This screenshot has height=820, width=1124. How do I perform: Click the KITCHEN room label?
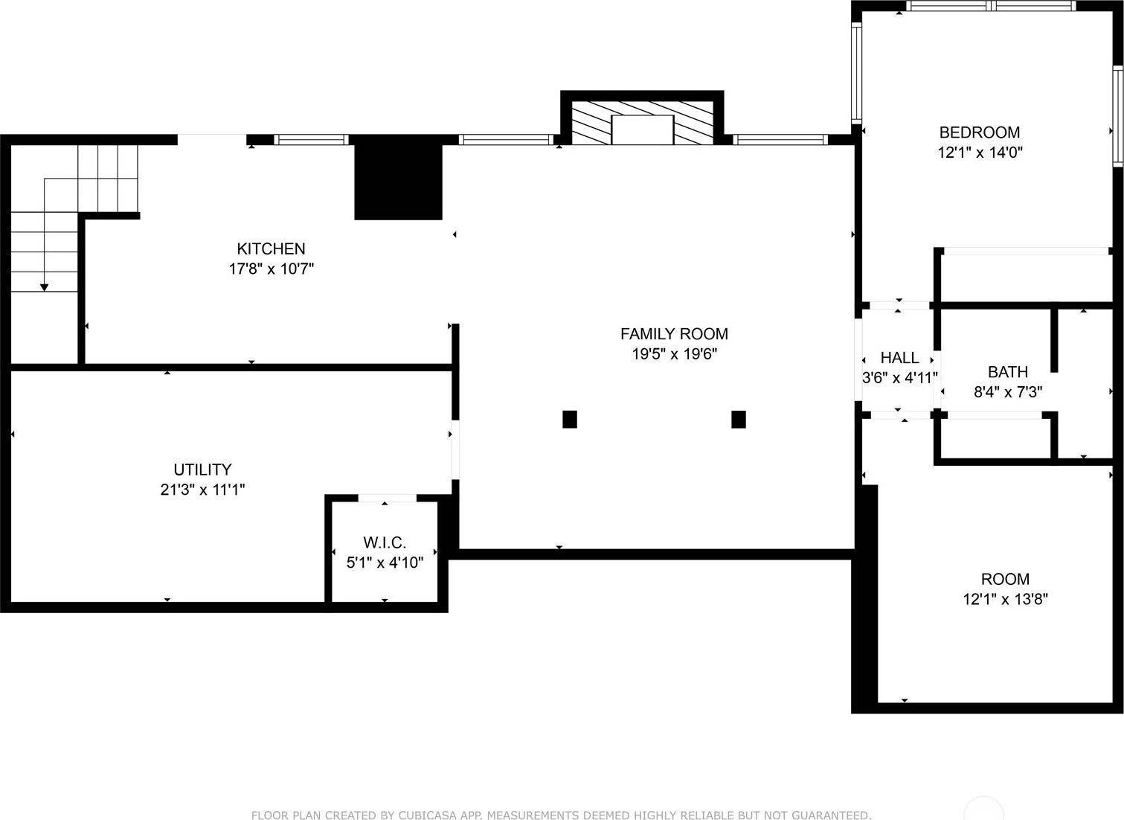(271, 249)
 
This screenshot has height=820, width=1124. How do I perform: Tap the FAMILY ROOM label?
(674, 334)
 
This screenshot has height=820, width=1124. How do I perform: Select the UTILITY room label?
(202, 470)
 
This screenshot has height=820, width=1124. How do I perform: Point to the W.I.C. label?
(385, 542)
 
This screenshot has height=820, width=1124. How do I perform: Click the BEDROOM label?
(979, 132)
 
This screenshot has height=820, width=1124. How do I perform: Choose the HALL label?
(899, 358)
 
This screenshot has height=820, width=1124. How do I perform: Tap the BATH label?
(1008, 372)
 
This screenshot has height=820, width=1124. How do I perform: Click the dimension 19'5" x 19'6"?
(674, 354)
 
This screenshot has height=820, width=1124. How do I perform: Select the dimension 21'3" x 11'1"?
(202, 490)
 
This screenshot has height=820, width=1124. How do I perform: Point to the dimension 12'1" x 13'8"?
(1005, 599)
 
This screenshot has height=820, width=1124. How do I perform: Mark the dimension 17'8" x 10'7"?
(271, 269)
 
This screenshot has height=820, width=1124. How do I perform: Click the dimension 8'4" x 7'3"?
(1008, 392)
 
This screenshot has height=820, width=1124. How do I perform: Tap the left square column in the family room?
(570, 419)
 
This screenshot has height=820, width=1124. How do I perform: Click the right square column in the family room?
(739, 419)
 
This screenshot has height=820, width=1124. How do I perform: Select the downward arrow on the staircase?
(45, 286)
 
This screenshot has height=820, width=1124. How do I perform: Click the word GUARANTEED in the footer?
(830, 816)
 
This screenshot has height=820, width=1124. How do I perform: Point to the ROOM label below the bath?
(1005, 579)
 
